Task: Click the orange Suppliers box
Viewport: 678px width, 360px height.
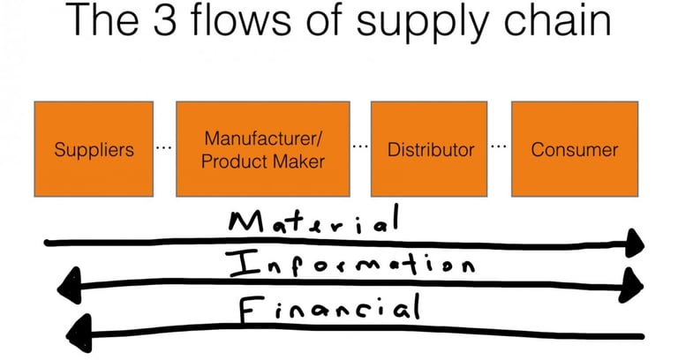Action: coord(94,148)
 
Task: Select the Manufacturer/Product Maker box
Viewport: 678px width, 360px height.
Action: coord(263,148)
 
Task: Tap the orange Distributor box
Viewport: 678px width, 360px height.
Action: coord(431,148)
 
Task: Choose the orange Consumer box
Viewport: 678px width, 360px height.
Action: coord(575,148)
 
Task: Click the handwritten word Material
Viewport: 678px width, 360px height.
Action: coord(313,221)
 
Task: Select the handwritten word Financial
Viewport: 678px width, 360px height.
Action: coord(327,309)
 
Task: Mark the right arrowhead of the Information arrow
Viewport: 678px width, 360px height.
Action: coord(633,281)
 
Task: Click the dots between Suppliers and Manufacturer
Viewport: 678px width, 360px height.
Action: coord(163,146)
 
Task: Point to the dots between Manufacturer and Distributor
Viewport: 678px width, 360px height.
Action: coord(360,146)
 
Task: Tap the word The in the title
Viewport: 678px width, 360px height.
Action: coord(111,21)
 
